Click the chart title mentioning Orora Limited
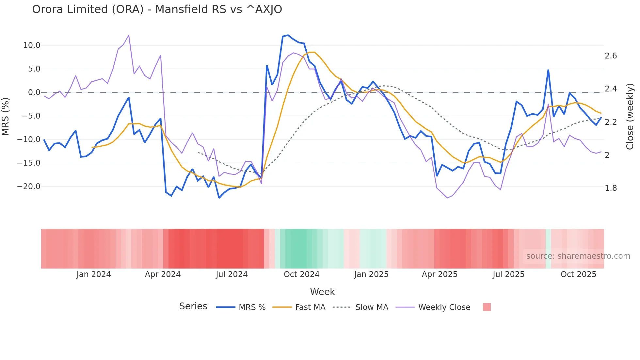click(157, 9)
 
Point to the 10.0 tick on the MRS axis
click(32, 45)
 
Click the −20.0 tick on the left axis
click(29, 187)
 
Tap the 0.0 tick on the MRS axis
click(34, 92)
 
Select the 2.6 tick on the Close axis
click(611, 56)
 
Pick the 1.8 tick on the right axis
click(611, 188)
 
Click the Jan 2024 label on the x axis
click(94, 274)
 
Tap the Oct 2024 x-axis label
click(301, 274)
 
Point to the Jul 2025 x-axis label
click(508, 274)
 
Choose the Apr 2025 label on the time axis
click(440, 274)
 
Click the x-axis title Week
click(322, 292)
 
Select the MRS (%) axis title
click(6, 116)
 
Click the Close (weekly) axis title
click(630, 116)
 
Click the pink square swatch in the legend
click(487, 307)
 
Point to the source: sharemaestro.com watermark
click(578, 256)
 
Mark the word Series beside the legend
click(193, 306)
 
